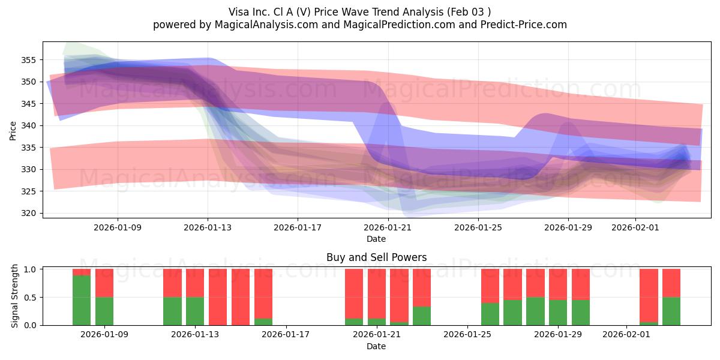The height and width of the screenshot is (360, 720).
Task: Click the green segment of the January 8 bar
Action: [x=82, y=300]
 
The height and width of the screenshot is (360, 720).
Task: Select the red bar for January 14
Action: [x=218, y=296]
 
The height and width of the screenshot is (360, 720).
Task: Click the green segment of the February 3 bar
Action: [x=671, y=311]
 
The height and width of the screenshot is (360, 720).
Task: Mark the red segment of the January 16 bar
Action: [x=263, y=293]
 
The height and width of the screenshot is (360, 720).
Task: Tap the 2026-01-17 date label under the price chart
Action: [x=298, y=227]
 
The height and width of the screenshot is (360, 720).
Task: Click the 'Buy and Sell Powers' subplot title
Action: [x=376, y=257]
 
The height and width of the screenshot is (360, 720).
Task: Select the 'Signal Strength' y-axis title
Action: [x=15, y=296]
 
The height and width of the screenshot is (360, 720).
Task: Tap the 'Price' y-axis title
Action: [x=13, y=130]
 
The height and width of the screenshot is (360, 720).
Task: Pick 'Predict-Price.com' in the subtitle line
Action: [x=526, y=25]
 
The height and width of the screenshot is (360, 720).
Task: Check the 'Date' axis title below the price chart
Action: [x=376, y=239]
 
